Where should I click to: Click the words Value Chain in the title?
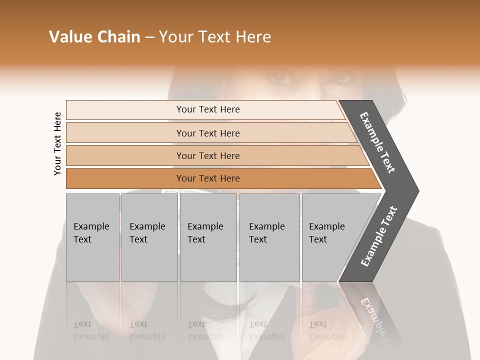pos(94,37)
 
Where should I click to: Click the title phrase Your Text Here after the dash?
pos(215,37)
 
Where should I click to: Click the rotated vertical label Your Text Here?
pos(57,143)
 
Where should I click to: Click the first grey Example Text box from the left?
pos(92,237)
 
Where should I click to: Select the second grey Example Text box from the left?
pos(149,237)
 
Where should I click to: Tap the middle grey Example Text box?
pos(208,237)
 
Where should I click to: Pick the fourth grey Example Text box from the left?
pos(269,237)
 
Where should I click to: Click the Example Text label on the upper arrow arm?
pos(377,142)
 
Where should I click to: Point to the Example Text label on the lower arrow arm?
pos(379,236)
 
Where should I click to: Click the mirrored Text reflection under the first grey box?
pos(82,324)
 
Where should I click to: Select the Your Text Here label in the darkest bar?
pos(208,178)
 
